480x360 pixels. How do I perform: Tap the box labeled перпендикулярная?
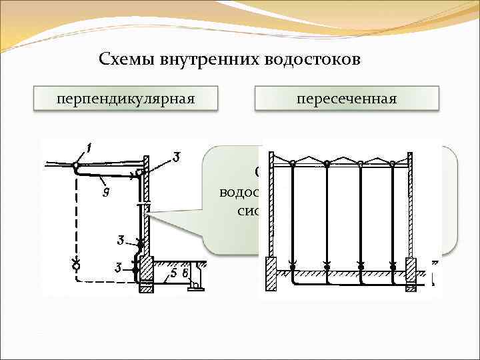[125, 99]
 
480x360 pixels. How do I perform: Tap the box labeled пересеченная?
[347, 99]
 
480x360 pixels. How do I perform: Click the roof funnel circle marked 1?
[77, 165]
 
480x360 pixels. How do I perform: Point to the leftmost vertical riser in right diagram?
[291, 213]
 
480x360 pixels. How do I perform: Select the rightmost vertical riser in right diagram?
[393, 213]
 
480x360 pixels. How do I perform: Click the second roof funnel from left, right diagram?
[327, 163]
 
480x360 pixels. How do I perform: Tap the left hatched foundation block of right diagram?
[272, 273]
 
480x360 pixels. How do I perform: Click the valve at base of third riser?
[361, 265]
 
